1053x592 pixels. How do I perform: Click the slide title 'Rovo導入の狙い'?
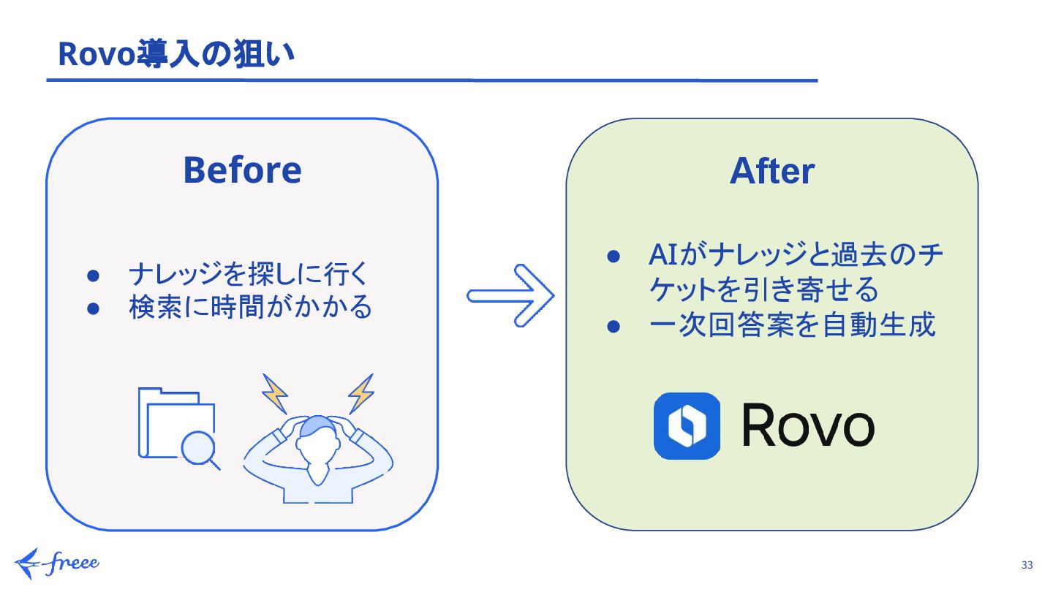coord(175,54)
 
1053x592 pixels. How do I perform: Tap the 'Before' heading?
coord(242,170)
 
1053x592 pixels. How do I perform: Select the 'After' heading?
coord(772,171)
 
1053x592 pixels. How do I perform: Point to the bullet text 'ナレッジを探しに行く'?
coord(246,276)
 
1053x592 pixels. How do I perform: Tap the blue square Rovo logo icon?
coord(687,426)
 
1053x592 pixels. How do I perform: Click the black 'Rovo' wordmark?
coord(808,427)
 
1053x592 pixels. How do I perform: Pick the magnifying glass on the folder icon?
coord(198,448)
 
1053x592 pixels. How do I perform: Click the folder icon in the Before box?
coord(172,420)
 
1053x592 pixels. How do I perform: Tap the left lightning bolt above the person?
coord(275,394)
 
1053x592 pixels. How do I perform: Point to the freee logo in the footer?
coord(57,563)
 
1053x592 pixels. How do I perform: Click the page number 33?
coord(1027,565)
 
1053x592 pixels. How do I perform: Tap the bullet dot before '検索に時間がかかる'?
coord(93,308)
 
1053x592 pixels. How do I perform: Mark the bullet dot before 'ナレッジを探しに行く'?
coord(93,276)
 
